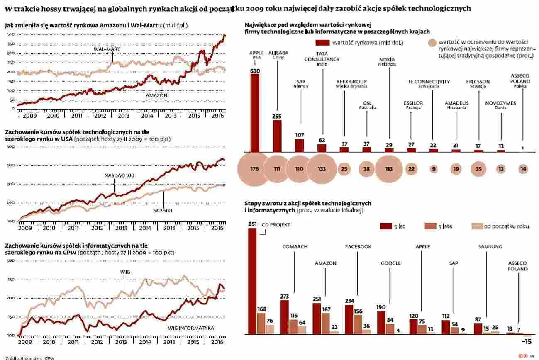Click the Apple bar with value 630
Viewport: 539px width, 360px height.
[x=255, y=113]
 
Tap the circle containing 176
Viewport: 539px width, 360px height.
[x=255, y=169]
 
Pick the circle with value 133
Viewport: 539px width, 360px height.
[x=322, y=169]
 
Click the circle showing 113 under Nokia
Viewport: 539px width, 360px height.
[x=389, y=169]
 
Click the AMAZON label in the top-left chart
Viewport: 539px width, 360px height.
[x=156, y=95]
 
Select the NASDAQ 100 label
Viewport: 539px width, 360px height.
[x=119, y=175]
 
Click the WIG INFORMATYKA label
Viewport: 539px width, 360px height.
[x=191, y=328]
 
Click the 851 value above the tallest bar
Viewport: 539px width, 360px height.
[x=252, y=224]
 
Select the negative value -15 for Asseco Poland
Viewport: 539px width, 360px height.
[x=526, y=341]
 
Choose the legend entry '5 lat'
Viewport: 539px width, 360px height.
[x=399, y=226]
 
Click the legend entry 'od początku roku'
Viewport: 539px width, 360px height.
[x=506, y=226]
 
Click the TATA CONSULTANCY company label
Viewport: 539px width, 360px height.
[x=322, y=59]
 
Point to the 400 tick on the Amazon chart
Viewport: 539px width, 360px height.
[x=10, y=35]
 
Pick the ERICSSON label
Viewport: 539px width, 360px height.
[x=478, y=82]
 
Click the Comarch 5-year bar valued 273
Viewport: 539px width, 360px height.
[x=285, y=317]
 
